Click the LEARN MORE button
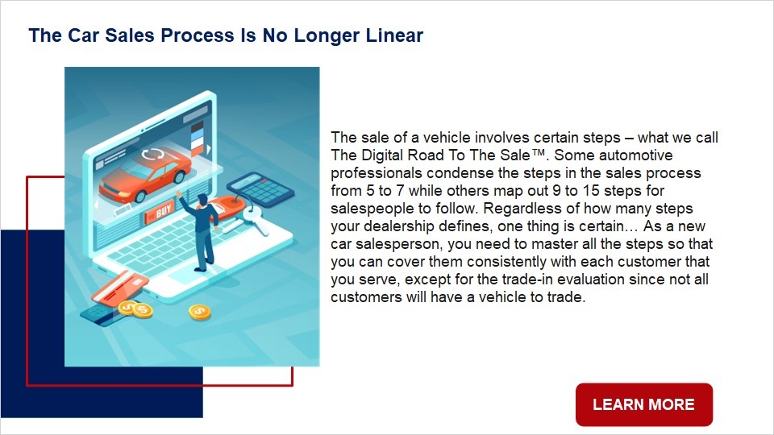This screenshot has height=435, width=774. point(644,404)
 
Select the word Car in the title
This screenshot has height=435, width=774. point(83,35)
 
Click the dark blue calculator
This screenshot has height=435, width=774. point(260,188)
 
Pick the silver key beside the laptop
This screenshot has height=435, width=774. point(254,219)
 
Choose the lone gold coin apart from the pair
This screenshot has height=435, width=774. point(199,312)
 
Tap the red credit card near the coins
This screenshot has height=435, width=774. point(119,287)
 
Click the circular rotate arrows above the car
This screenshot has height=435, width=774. point(153,155)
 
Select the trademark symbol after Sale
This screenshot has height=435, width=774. point(539,152)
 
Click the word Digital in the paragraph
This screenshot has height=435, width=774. point(385,155)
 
